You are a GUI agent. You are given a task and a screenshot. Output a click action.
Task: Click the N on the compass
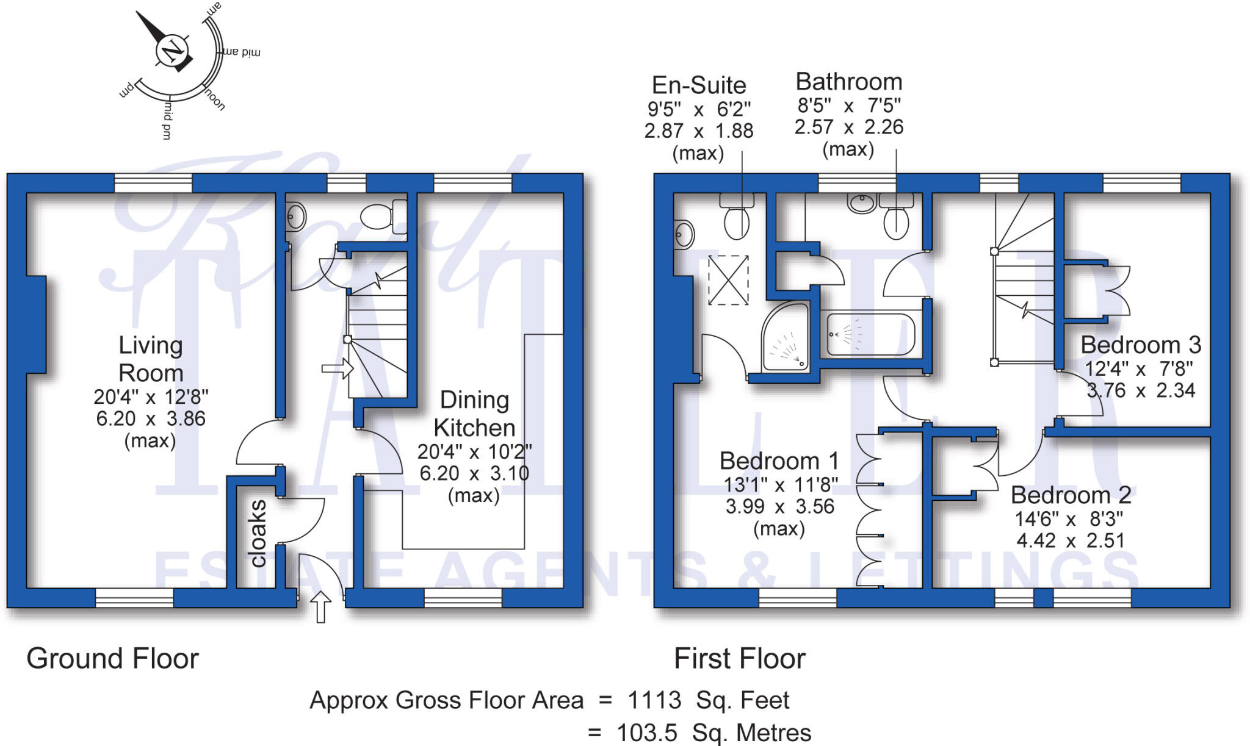[171, 50]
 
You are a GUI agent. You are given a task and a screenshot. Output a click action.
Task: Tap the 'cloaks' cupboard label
[258, 534]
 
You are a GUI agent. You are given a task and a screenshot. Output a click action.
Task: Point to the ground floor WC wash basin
[296, 216]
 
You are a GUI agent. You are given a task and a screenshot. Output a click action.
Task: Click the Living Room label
[151, 359]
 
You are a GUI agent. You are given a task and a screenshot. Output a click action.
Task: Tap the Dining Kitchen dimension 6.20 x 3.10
[474, 473]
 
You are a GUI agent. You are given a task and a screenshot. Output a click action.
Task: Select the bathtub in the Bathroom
[870, 334]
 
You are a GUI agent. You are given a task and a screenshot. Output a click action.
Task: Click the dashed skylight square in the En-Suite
[728, 280]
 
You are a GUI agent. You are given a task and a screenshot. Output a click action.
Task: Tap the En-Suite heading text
[699, 85]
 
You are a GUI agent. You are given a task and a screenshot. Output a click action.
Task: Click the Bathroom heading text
[848, 82]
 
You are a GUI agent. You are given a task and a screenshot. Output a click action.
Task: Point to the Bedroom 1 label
[779, 461]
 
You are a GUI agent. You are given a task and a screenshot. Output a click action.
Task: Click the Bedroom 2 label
[1071, 495]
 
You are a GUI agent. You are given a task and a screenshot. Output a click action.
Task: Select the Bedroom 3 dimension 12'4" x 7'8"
[1138, 368]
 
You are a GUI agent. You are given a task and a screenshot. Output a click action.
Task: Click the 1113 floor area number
[654, 700]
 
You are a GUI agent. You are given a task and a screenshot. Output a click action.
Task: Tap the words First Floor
[739, 659]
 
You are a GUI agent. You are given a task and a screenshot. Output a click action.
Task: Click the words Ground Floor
[113, 659]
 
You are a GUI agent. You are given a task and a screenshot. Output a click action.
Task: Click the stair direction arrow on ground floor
[338, 368]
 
